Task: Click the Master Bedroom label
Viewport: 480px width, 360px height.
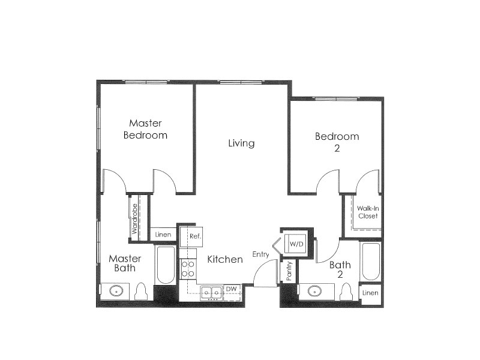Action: [x=145, y=129]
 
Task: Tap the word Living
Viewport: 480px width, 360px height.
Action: [x=241, y=143]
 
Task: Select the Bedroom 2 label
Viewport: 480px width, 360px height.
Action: [x=337, y=142]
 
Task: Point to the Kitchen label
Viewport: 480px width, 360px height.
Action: [x=225, y=260]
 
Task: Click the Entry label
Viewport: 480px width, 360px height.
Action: [x=260, y=254]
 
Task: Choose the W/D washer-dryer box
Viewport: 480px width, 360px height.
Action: [x=296, y=245]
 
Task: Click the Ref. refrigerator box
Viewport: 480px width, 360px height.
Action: [x=194, y=236]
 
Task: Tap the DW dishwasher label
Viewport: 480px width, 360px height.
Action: [x=232, y=289]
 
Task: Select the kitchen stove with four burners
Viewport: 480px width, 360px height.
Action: [x=188, y=268]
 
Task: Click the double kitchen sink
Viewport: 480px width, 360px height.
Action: [x=211, y=292]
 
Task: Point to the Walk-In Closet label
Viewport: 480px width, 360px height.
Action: [x=367, y=212]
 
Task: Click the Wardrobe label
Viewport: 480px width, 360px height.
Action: [x=135, y=218]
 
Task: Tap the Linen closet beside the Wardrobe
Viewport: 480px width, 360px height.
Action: [x=163, y=235]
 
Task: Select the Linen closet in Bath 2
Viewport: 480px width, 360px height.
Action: [x=370, y=292]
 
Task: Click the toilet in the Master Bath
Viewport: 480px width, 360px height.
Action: [x=142, y=292]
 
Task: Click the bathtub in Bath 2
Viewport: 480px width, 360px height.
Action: [x=371, y=262]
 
